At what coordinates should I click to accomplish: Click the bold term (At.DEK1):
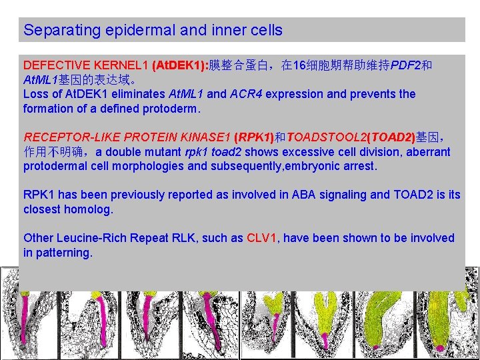[x=180, y=65]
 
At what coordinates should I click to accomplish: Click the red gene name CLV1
[x=261, y=238]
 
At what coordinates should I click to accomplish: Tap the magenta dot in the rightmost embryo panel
[x=440, y=348]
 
